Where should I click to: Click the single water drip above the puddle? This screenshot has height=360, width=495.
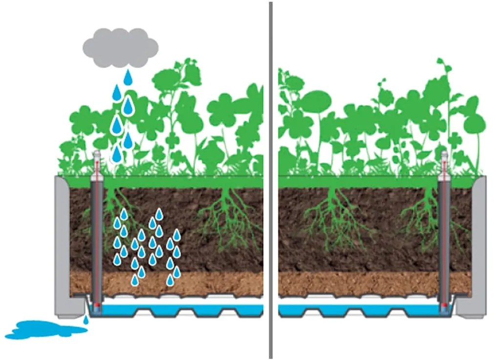point(86,319)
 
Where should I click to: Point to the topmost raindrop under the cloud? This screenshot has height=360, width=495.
point(128,78)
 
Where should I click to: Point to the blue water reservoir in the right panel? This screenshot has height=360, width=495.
point(362,310)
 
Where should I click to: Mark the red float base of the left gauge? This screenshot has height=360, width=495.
point(97,307)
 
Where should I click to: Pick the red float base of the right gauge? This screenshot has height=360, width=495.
point(444,307)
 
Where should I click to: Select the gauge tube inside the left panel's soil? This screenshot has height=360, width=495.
point(97,234)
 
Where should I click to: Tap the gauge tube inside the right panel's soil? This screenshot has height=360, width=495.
point(444,234)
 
